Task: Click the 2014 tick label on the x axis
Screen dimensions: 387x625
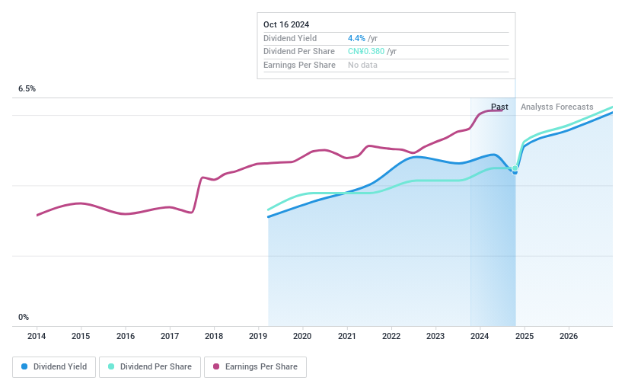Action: tap(37, 336)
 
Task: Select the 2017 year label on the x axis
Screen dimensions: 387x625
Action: tap(170, 336)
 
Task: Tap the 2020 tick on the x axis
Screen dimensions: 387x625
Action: tap(302, 336)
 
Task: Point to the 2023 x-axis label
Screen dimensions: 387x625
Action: tap(435, 336)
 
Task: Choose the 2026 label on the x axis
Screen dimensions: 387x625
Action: tap(569, 336)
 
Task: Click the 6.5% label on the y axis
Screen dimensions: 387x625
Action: tap(27, 89)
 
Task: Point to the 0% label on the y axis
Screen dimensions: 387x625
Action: tap(24, 317)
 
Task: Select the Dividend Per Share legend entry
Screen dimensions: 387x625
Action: tap(155, 366)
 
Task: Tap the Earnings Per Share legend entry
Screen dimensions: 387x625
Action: tap(255, 366)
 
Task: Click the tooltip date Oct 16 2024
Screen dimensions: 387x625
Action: tap(286, 24)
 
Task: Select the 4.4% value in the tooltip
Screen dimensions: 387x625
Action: tap(357, 38)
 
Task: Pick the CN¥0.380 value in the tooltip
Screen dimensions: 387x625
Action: tap(366, 52)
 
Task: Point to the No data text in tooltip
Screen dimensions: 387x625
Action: tap(362, 66)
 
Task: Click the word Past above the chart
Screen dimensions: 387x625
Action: tap(499, 107)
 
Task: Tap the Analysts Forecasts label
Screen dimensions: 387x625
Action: tap(556, 107)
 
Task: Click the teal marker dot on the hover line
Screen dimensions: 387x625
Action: tap(515, 168)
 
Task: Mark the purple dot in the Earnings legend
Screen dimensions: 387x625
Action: tap(216, 366)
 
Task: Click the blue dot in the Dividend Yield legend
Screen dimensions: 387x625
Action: tap(24, 366)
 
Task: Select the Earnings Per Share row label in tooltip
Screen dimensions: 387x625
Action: tap(299, 66)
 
